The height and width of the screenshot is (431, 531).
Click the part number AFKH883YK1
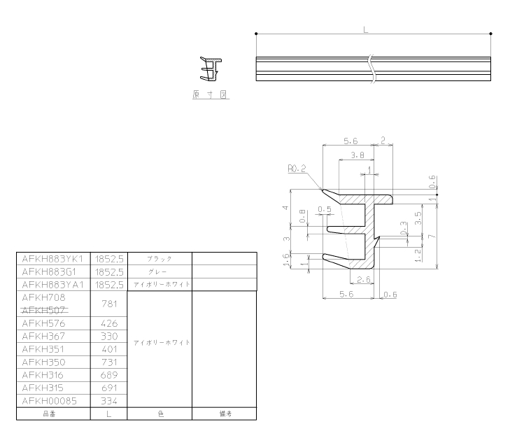tap(52, 259)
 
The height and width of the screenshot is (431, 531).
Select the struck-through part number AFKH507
tap(44, 310)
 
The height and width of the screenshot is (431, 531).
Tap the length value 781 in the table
tap(109, 304)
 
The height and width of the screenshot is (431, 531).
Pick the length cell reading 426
tap(109, 323)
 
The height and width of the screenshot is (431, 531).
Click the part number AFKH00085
tap(50, 401)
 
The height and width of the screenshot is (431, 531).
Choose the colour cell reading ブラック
tap(160, 259)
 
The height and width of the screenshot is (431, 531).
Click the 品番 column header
tap(50, 414)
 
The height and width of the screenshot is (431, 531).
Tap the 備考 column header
tap(225, 414)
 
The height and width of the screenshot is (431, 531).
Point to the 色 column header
tap(160, 414)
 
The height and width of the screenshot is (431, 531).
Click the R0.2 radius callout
tap(297, 168)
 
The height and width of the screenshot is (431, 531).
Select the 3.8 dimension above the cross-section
tap(357, 155)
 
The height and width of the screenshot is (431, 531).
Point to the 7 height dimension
tap(432, 236)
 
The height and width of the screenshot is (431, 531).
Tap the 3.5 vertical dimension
tap(418, 218)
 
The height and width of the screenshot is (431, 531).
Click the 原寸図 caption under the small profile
tap(211, 94)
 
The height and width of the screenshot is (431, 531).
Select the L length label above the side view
tap(366, 30)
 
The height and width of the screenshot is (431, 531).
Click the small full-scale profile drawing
tap(211, 69)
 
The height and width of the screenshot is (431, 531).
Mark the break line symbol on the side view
tap(372, 69)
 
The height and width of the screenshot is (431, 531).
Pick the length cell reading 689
tap(109, 375)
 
